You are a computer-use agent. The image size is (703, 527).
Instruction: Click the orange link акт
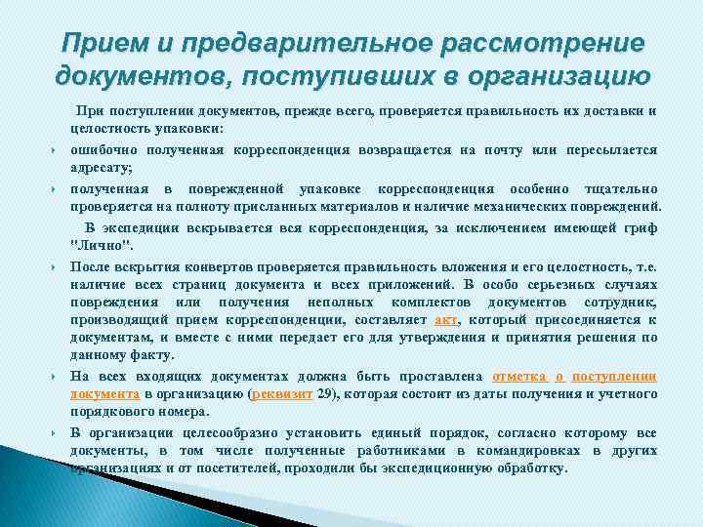(445, 319)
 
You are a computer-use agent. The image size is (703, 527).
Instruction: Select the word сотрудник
(623, 302)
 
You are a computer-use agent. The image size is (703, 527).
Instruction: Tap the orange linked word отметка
(522, 375)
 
